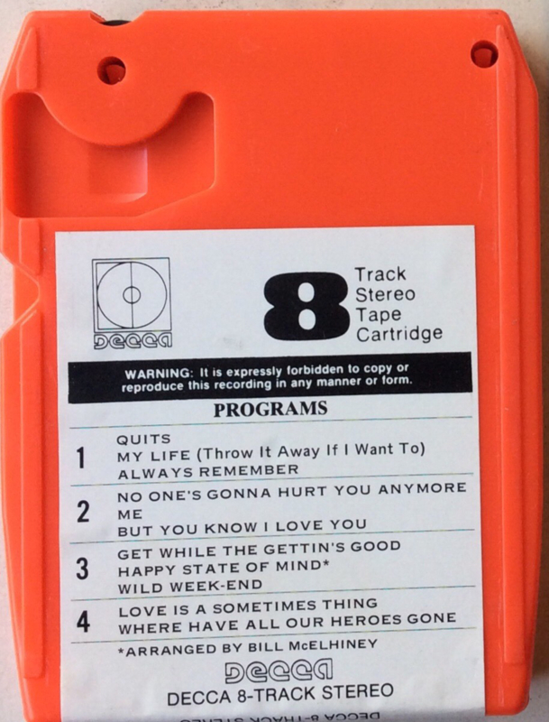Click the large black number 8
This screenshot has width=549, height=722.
click(306, 306)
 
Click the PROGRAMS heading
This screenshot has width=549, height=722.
click(270, 409)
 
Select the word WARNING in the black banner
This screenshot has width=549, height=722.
click(157, 374)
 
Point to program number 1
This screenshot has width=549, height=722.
click(81, 458)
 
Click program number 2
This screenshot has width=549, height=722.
click(83, 512)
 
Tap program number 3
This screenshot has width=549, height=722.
click(82, 569)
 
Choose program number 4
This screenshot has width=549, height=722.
click(83, 622)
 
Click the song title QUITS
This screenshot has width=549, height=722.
click(143, 440)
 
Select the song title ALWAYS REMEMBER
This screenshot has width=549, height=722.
click(208, 471)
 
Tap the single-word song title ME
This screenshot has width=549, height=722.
click(130, 514)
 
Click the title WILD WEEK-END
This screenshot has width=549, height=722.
click(190, 587)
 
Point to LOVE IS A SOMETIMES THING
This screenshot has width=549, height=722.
click(248, 607)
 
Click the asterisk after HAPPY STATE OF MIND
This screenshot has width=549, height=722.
click(326, 564)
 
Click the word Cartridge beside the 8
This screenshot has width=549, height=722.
click(399, 334)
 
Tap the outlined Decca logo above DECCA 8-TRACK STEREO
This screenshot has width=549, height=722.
click(279, 671)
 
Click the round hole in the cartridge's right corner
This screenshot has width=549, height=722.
click(484, 54)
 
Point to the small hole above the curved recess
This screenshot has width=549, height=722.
click(112, 70)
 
